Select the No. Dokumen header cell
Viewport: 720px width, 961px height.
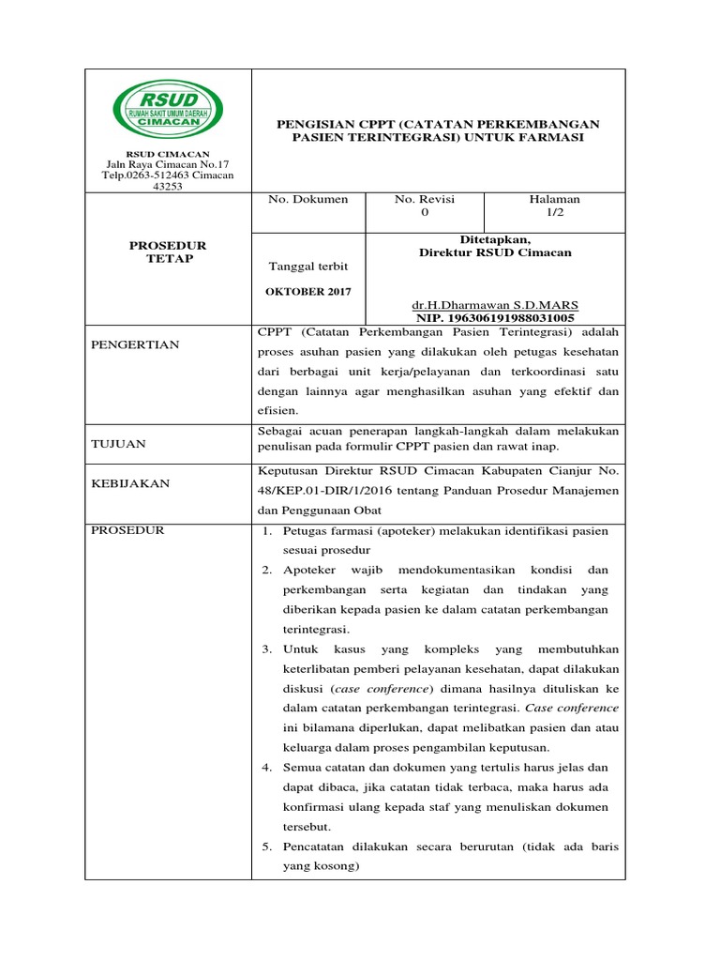click(308, 199)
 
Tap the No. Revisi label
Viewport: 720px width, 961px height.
click(425, 199)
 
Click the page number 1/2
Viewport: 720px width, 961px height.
click(555, 213)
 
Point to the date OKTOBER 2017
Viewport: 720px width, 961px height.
click(308, 291)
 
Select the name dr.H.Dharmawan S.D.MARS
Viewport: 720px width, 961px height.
click(495, 305)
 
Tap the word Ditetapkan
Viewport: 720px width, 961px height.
click(495, 240)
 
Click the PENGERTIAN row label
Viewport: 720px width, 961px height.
click(135, 344)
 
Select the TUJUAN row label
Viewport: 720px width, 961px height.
click(118, 444)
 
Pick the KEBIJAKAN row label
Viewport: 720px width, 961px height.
click(130, 483)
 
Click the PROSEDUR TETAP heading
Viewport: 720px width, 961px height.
click(167, 252)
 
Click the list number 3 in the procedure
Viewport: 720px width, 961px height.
click(266, 649)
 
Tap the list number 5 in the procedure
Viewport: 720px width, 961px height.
click(266, 847)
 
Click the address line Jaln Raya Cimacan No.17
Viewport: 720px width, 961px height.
click(167, 164)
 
